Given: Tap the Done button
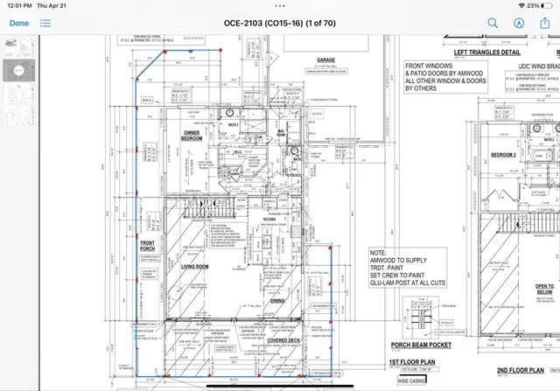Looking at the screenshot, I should [19, 24].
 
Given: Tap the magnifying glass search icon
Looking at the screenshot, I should [493, 24].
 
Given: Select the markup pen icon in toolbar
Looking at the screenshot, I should [519, 24].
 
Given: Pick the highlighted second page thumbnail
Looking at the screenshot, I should [15, 71].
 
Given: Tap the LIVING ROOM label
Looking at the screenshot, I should [193, 241].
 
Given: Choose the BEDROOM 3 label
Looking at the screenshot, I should [502, 155].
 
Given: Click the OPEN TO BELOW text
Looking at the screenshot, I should [544, 288].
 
